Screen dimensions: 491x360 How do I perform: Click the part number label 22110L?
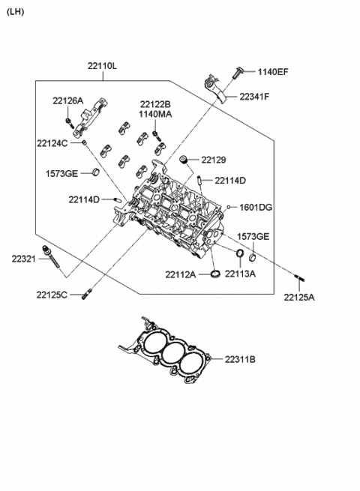[102, 66]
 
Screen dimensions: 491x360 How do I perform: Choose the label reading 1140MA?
[155, 115]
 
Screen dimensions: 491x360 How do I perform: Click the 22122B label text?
[155, 104]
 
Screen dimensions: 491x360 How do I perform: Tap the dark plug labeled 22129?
[184, 160]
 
